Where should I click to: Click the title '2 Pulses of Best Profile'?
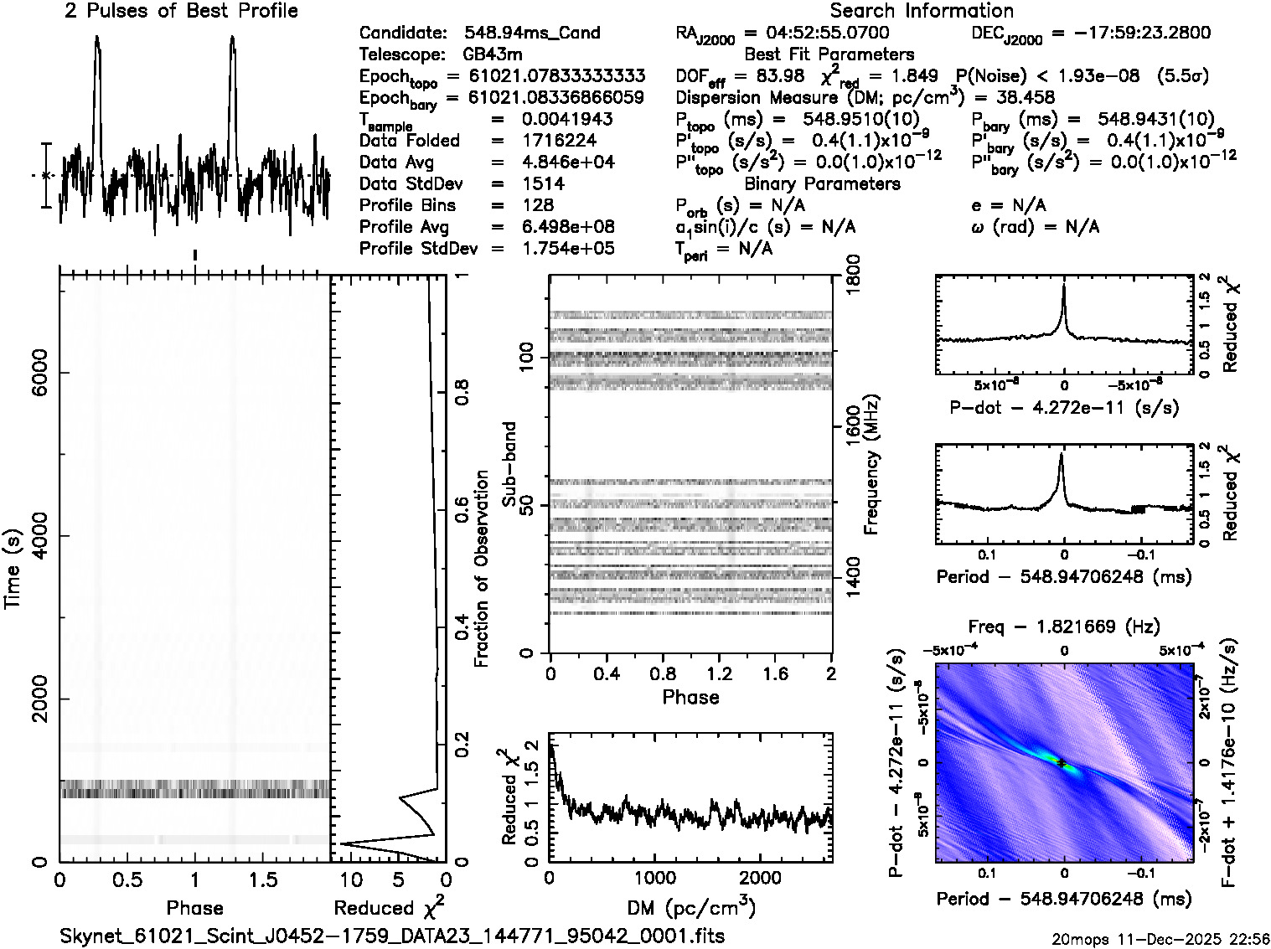click(x=181, y=11)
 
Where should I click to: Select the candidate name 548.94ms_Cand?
click(x=532, y=34)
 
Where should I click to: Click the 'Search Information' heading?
click(x=921, y=11)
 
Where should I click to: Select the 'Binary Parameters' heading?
click(x=822, y=184)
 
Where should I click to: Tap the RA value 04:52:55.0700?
click(x=817, y=34)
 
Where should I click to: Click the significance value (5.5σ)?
click(x=1182, y=76)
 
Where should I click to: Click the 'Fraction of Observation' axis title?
click(x=482, y=569)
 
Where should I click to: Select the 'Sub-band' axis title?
click(x=509, y=464)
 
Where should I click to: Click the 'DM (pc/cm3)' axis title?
click(x=690, y=908)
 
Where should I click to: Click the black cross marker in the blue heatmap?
click(x=1062, y=763)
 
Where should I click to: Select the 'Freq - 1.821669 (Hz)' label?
click(x=1063, y=627)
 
